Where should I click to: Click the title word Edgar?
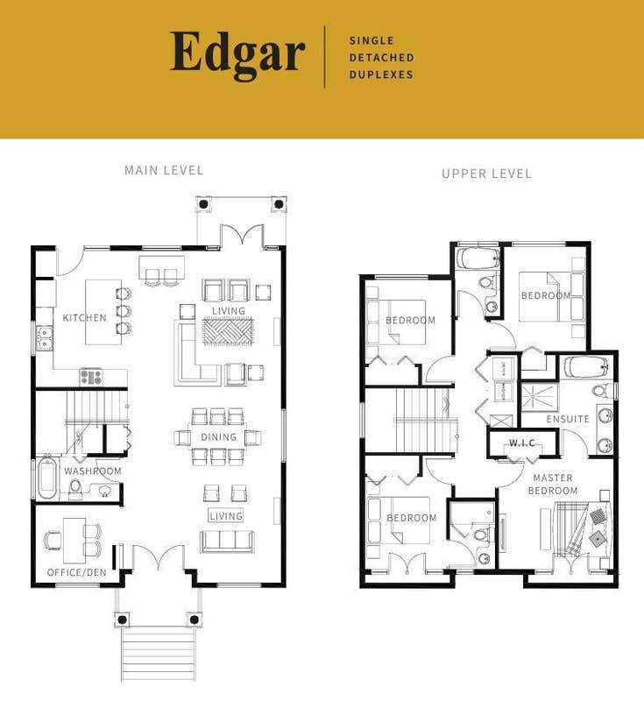click(237, 54)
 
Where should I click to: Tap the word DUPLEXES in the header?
click(381, 74)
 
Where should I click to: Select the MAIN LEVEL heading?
click(164, 170)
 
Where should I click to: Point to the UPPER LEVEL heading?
click(486, 173)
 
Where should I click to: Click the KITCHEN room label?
click(85, 317)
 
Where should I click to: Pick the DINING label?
click(218, 437)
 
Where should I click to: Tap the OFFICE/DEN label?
click(76, 573)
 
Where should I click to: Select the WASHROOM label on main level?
click(93, 471)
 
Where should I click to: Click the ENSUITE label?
click(568, 419)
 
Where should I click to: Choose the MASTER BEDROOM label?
click(552, 485)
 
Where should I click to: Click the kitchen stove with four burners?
click(91, 377)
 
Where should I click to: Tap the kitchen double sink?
click(44, 337)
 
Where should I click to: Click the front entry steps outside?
click(159, 653)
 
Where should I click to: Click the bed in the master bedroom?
click(577, 531)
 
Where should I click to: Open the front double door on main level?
click(159, 557)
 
